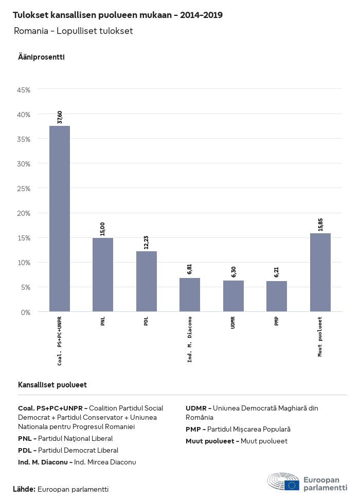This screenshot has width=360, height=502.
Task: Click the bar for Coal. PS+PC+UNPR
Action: [x=60, y=219]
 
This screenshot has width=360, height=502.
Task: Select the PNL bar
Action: [x=103, y=275]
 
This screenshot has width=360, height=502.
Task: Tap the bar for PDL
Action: [x=147, y=282]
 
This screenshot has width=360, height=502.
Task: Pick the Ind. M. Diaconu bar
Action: [x=190, y=295]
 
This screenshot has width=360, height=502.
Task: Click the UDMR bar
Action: [x=233, y=296]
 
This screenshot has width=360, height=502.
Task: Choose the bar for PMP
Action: [x=277, y=296]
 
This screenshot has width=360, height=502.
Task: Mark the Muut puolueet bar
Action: [x=320, y=272]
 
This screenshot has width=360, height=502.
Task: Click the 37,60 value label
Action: [x=60, y=117]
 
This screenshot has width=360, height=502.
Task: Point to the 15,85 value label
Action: [x=320, y=225]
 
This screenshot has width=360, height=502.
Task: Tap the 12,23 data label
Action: [x=147, y=243]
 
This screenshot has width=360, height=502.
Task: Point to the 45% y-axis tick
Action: [x=24, y=90]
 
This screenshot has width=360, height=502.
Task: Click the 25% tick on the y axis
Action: [x=24, y=189]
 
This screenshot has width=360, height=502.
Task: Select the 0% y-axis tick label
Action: [x=26, y=312]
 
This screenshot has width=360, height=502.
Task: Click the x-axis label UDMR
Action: [x=233, y=323]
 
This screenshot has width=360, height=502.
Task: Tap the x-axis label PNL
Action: [x=103, y=322]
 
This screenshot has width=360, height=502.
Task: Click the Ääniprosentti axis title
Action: [x=41, y=57]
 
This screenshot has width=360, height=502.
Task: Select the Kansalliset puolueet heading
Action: [x=52, y=385]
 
